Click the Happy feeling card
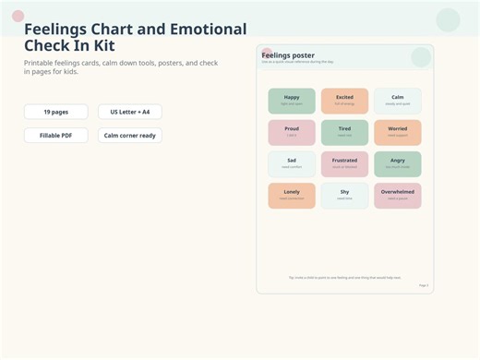[x=292, y=101]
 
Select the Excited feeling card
[x=344, y=101]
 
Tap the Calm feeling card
[x=397, y=101]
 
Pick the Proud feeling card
[x=292, y=132]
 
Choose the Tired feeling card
[x=344, y=132]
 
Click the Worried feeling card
[x=397, y=132]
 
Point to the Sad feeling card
[x=292, y=163]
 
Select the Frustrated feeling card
[x=344, y=163]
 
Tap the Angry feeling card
[x=397, y=163]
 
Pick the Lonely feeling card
[x=292, y=195]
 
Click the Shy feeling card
[x=344, y=195]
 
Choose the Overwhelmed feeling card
[x=397, y=195]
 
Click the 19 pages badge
[x=55, y=112]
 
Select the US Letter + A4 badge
[x=130, y=112]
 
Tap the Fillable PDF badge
[x=55, y=136]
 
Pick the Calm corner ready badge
[x=130, y=136]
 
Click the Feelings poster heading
[x=288, y=55]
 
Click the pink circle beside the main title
[x=18, y=16]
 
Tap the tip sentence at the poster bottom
[x=344, y=277]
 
